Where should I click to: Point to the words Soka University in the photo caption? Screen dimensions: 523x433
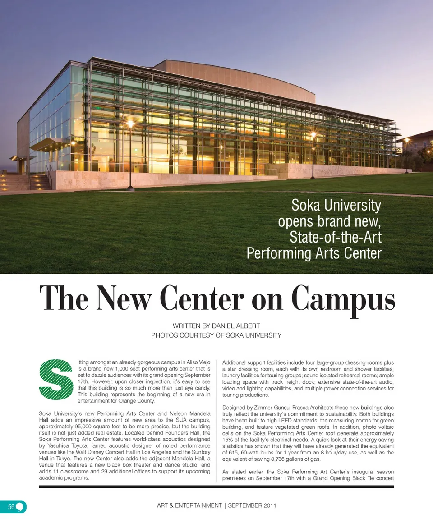336,206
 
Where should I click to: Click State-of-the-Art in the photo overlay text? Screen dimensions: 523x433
336,237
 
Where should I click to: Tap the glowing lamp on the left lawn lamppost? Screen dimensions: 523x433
130,123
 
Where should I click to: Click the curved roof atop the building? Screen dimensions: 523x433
235,77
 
